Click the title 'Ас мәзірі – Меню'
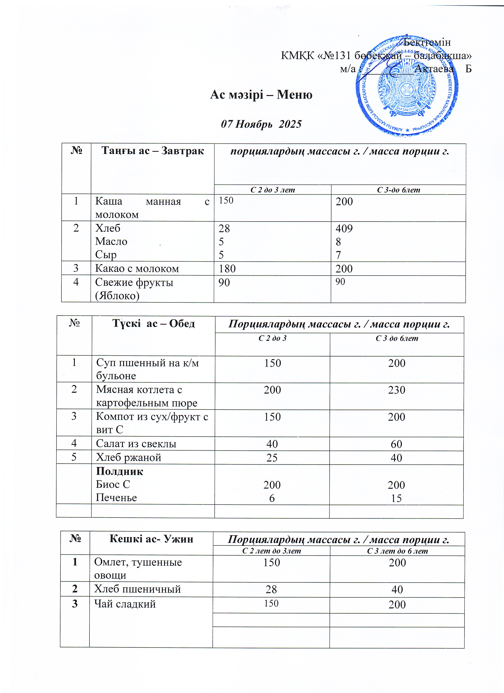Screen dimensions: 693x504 (261, 95)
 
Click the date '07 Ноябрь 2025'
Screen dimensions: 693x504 (261, 124)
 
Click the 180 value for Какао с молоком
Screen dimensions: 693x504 (227, 269)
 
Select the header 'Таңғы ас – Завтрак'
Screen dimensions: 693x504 (152, 151)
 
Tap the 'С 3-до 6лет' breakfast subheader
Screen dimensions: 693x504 (398, 190)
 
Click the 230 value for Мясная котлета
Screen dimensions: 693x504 (397, 390)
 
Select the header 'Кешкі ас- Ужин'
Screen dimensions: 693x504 (151, 539)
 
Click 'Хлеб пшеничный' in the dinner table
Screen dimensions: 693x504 (137, 589)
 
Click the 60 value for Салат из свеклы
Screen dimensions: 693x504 (397, 444)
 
